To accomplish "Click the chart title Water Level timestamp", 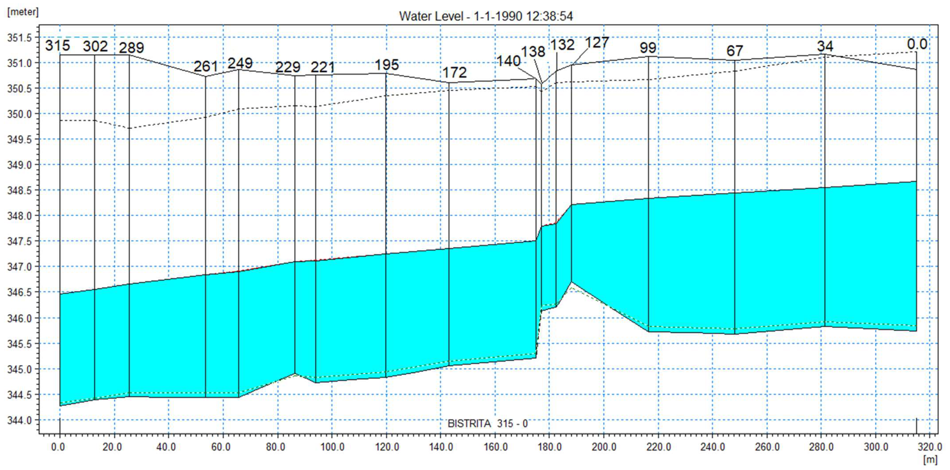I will click(486, 16).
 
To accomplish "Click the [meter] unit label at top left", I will click(22, 12).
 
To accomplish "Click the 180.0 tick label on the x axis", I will click(549, 447).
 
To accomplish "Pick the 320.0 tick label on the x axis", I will click(929, 447).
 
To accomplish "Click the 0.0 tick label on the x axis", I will click(58, 447).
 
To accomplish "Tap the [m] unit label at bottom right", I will click(930, 460).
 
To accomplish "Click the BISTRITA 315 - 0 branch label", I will click(488, 423).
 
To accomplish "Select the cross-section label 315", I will click(58, 46).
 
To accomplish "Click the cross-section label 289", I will click(131, 48).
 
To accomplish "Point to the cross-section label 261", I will click(206, 66).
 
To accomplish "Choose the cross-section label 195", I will click(386, 65).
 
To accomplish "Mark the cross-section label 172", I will click(454, 72).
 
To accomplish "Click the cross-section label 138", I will click(533, 52).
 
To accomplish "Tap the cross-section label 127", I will click(597, 43).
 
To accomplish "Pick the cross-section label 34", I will click(825, 47).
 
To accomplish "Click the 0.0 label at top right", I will click(917, 44).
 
